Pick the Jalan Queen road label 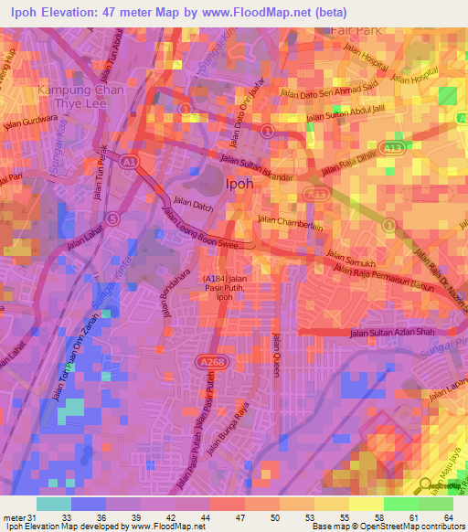pos(276,354)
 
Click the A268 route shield pos(207,337)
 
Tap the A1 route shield pos(131,161)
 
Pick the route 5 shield pos(112,218)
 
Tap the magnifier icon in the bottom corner pos(425,485)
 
